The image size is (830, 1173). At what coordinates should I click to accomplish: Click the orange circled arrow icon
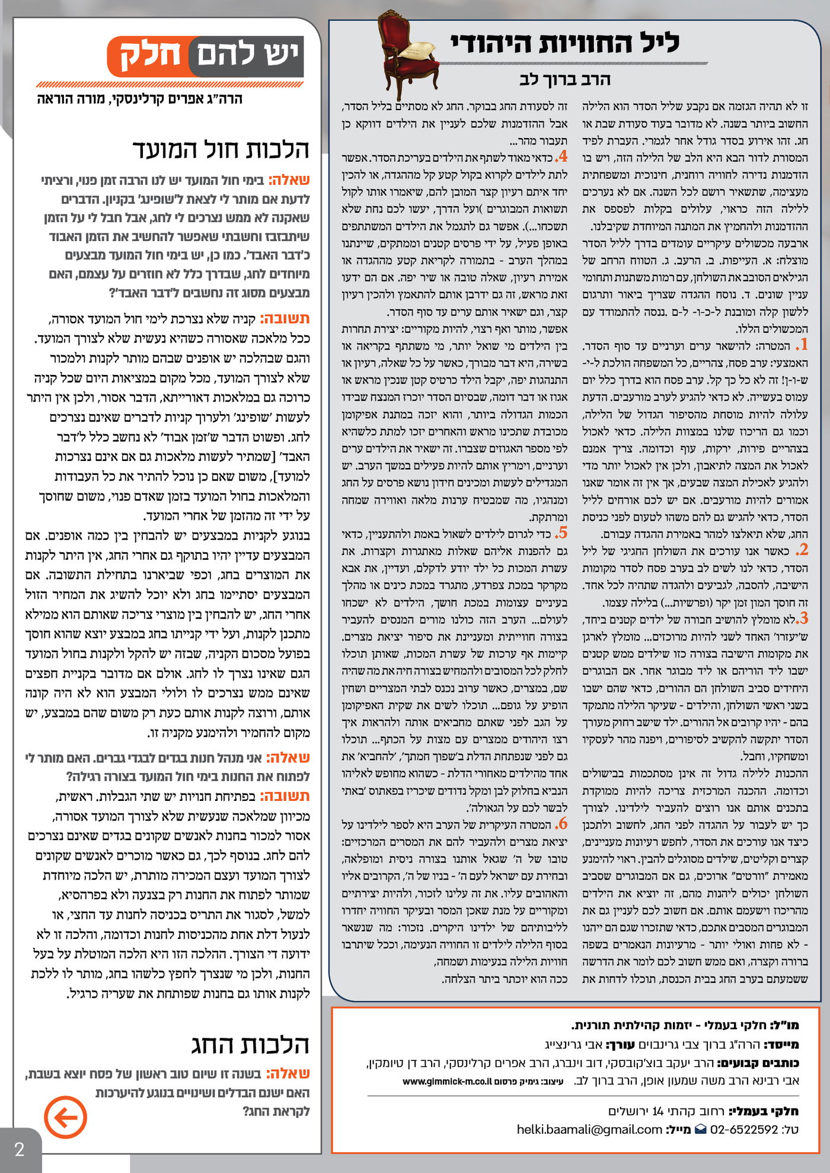coord(65,1117)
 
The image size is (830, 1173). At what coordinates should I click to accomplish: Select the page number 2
coord(19,1149)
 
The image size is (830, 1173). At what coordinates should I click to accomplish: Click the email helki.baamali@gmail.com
coord(589,1129)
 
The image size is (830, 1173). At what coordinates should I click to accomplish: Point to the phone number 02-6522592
coord(743,1129)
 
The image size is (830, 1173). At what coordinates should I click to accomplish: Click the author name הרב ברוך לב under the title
coord(564,79)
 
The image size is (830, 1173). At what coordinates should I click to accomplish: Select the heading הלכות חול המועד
coord(221,149)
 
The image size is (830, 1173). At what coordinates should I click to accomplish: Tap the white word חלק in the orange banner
coord(151,56)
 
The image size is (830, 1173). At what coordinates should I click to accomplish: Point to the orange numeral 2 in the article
coord(802,549)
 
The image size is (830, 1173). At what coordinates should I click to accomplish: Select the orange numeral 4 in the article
coord(561,156)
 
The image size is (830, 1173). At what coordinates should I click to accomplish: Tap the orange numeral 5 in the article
coord(561,531)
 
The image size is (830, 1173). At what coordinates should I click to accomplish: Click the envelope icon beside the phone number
coord(701,1129)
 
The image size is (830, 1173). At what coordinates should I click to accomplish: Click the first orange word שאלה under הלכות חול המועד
coord(289,180)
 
